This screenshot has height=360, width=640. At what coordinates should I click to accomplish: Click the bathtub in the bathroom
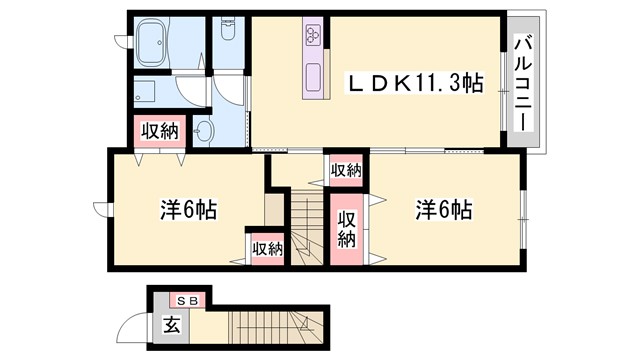point(163,44)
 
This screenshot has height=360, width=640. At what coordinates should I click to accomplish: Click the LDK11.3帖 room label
point(413,84)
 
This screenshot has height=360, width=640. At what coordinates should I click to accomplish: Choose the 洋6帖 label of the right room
point(444,210)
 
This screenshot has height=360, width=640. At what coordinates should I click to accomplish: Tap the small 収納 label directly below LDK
point(345,170)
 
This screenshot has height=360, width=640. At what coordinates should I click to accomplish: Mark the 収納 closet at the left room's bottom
point(267,248)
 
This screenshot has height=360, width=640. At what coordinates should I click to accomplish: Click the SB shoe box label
point(187,300)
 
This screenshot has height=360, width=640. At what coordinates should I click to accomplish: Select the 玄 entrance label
point(171,323)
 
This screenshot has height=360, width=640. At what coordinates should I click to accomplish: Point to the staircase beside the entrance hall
point(269,324)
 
